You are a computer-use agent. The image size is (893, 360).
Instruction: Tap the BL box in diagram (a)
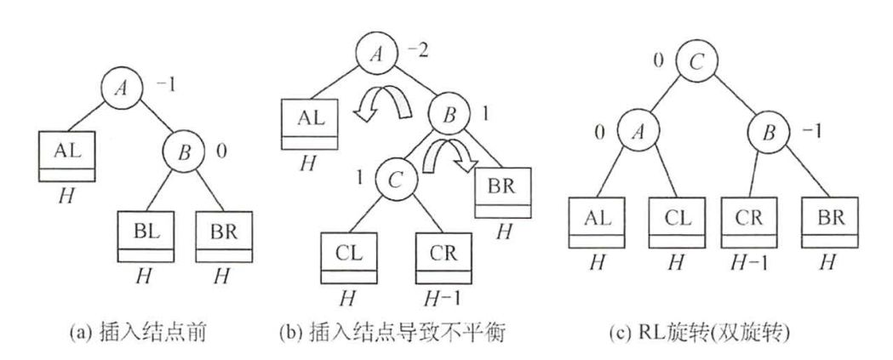tap(142, 239)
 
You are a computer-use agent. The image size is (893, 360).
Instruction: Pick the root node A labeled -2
tap(375, 57)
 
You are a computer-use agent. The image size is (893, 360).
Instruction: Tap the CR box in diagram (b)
tap(441, 255)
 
